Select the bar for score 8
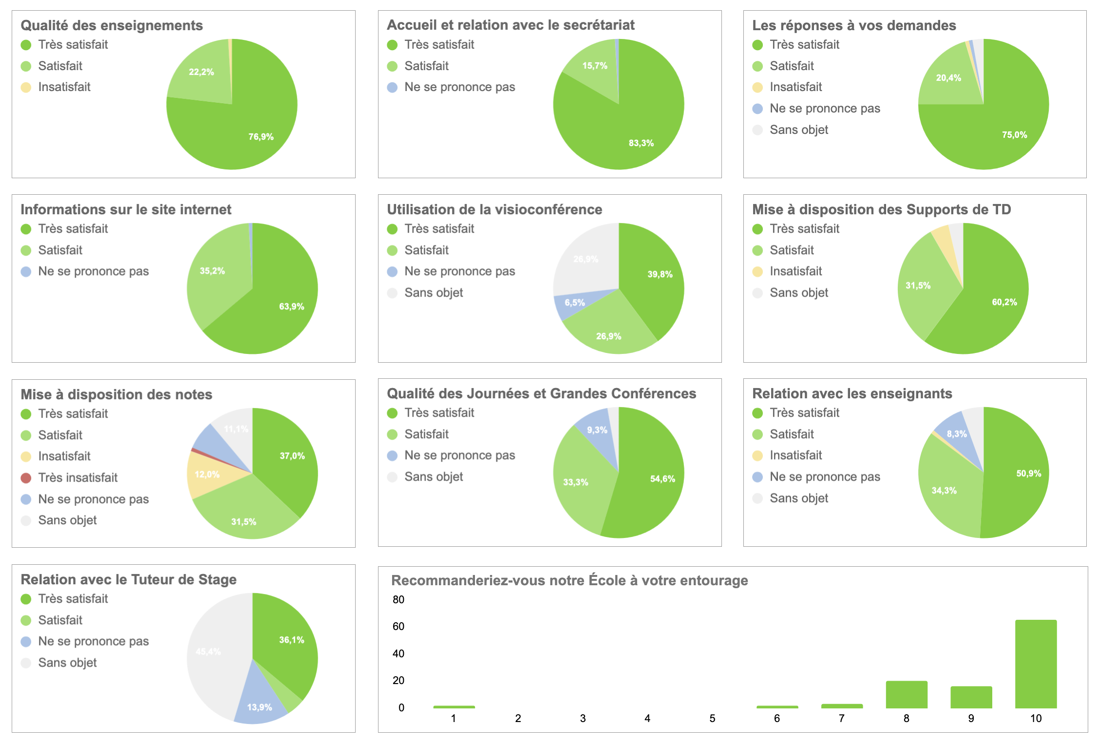coord(906,694)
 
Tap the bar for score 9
coord(971,697)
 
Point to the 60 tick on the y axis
coord(398,626)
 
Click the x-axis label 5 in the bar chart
coord(712,718)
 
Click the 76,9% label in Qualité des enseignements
coord(261,137)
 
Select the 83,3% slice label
coord(641,143)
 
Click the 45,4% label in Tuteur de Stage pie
coord(208,651)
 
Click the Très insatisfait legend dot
coord(26,478)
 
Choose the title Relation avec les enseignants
coord(852,393)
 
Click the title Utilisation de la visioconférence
coord(494,209)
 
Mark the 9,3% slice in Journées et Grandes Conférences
coord(597,430)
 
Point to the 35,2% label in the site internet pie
coord(212,271)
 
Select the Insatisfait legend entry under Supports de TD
coord(795,271)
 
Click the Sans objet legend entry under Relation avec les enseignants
coord(798,498)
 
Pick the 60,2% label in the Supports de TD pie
coord(1004,302)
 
